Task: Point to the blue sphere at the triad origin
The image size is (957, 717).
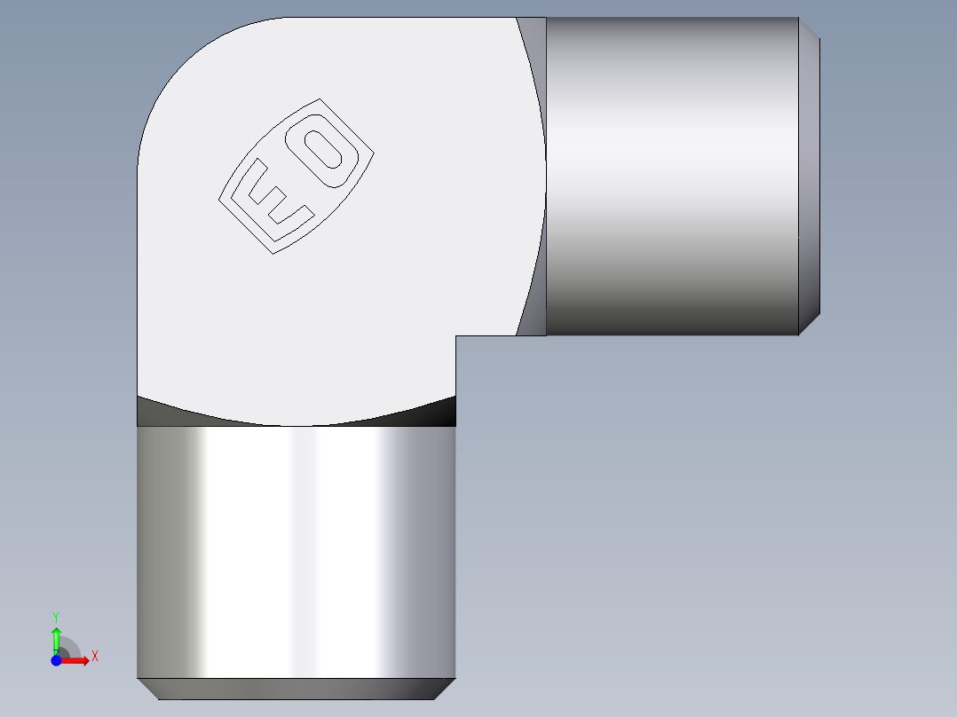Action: pos(56,660)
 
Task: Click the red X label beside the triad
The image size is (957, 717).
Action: pos(94,657)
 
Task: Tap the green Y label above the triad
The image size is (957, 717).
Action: pos(56,616)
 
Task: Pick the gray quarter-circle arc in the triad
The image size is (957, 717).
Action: pos(70,647)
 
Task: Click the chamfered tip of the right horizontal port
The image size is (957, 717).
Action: pos(809,176)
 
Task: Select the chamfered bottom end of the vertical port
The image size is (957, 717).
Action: pos(297,689)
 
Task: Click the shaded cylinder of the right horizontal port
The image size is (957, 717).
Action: pos(671,176)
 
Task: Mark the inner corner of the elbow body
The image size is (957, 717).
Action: pos(455,336)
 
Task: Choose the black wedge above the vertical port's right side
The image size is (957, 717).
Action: pos(439,412)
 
